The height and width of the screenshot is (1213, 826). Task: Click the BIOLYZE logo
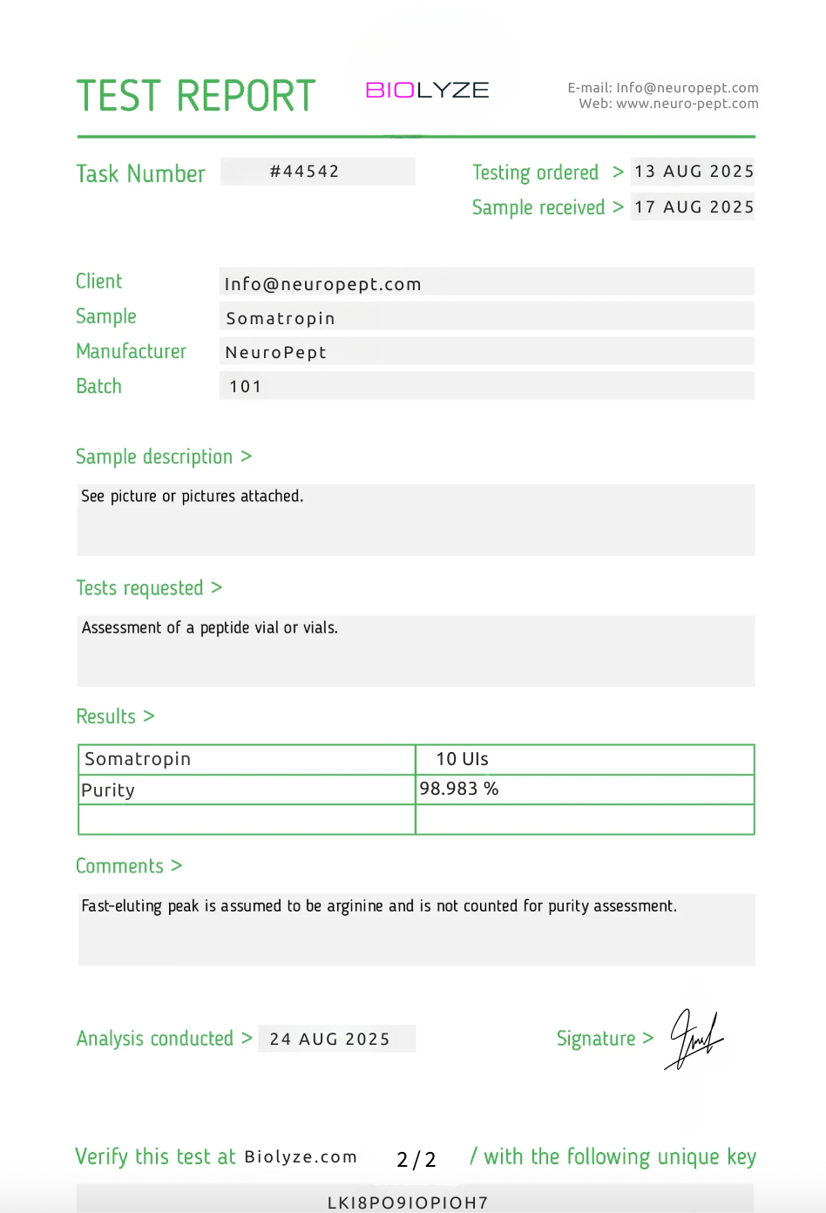point(427,91)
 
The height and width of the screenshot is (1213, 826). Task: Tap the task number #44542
point(304,172)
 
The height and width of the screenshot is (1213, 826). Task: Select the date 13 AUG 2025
point(694,172)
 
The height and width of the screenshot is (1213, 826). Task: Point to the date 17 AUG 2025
point(694,207)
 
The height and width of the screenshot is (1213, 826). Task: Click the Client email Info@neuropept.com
point(322,284)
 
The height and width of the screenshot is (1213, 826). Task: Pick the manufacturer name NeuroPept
point(275,353)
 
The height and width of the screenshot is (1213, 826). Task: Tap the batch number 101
point(246,387)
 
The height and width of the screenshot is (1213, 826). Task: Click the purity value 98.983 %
point(459,789)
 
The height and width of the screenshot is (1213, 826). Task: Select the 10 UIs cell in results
point(462,759)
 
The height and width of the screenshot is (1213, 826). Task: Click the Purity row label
point(108,790)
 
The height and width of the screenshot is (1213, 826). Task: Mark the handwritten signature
point(694,1039)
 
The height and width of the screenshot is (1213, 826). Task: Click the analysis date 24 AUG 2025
point(329,1039)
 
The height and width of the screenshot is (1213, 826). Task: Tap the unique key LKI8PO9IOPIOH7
point(408,1203)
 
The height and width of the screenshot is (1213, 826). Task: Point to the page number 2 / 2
point(416,1159)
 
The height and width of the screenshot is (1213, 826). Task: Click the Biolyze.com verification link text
point(301,1157)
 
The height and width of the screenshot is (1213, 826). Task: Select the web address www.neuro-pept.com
point(687,104)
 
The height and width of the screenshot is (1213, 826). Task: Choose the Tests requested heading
point(139,588)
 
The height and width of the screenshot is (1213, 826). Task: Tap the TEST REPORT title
point(196,96)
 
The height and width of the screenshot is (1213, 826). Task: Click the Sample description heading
point(154,457)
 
